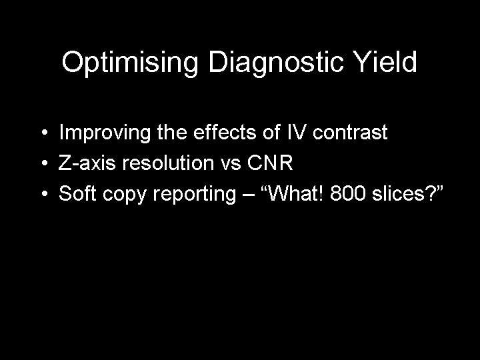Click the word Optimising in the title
130,63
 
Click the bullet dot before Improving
45,133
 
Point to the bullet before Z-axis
45,163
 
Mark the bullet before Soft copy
45,193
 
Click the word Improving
105,133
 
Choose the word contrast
350,133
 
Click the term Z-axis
87,162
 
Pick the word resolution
168,162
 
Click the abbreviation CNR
270,162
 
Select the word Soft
77,193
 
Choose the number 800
348,193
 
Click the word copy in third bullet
124,195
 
